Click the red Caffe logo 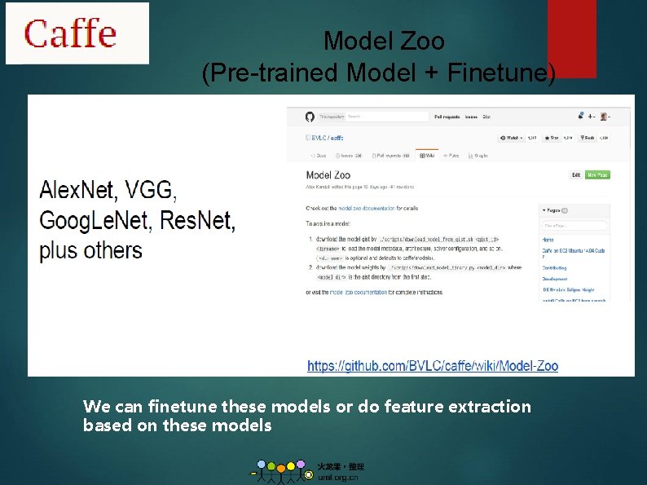point(70,33)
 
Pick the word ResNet point(197,221)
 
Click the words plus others point(90,249)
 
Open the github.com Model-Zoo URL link point(433,366)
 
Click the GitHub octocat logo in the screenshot point(310,117)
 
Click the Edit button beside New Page point(576,174)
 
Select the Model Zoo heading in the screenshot point(328,174)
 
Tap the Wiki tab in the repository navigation point(426,155)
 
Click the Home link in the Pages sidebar point(548,239)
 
